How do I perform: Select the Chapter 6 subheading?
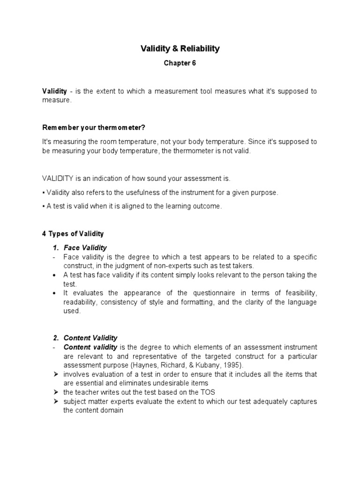180,64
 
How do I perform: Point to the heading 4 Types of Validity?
73,233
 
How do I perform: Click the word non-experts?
154,265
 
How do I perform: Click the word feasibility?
300,293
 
